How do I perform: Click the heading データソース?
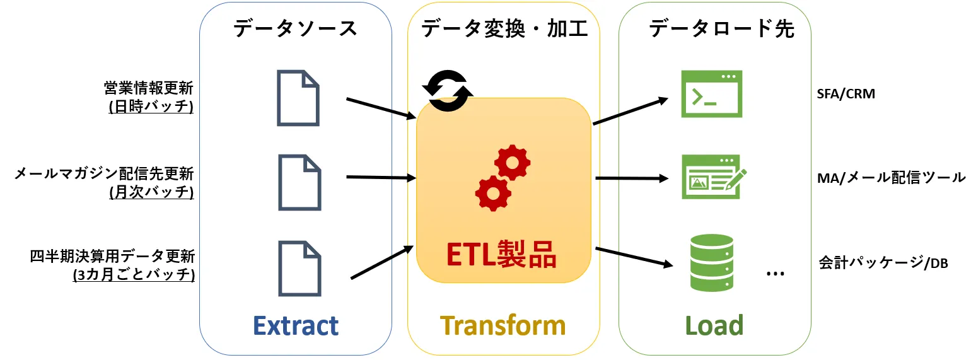[x=295, y=28]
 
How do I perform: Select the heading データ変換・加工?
[x=504, y=28]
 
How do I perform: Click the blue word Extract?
[x=296, y=325]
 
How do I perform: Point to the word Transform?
[x=503, y=325]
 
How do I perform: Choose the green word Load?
[x=714, y=325]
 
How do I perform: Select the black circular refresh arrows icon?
[x=447, y=90]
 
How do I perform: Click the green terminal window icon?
[x=712, y=95]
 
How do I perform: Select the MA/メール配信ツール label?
[x=890, y=178]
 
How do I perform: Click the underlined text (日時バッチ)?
[x=151, y=107]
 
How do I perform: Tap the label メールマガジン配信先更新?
[x=104, y=173]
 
